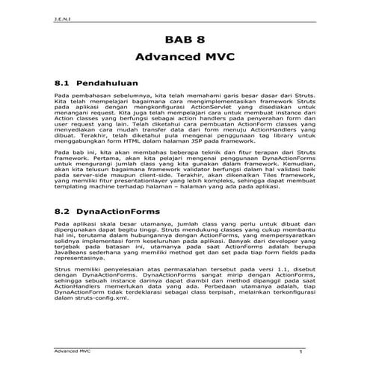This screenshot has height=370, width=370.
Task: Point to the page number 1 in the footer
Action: (299, 350)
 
